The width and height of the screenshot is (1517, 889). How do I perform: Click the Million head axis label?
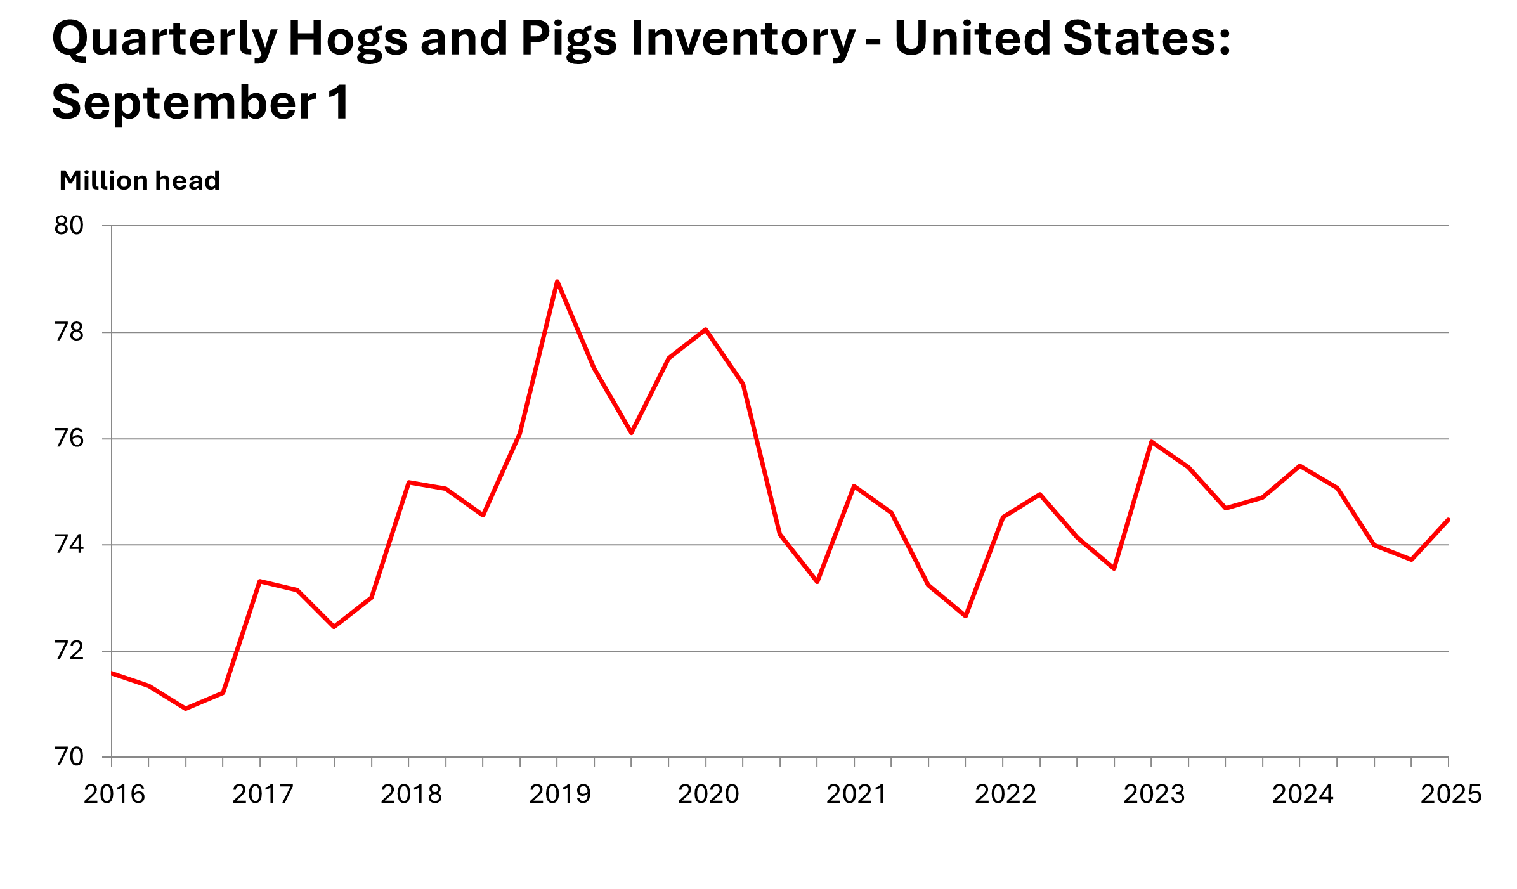click(x=140, y=181)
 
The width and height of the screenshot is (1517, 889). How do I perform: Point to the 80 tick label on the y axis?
click(x=69, y=226)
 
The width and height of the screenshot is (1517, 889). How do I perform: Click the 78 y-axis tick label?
click(x=69, y=332)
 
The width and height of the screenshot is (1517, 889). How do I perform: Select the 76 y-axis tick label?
click(x=69, y=439)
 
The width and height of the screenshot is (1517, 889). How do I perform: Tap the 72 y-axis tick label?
click(x=69, y=651)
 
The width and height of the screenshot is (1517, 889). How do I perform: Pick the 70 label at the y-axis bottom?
click(x=69, y=757)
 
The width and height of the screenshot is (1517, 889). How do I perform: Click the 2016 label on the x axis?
click(x=114, y=795)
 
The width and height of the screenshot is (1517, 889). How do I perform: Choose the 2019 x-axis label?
click(x=559, y=795)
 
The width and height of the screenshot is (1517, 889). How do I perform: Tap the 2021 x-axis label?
click(x=856, y=795)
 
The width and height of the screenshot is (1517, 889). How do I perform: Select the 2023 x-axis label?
click(x=1154, y=795)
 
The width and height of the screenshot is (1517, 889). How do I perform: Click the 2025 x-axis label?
click(x=1450, y=795)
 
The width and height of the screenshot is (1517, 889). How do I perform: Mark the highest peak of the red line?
click(x=557, y=281)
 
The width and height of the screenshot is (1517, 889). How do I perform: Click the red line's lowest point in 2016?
click(x=186, y=708)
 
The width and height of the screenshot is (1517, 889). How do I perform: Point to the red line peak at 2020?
click(x=706, y=330)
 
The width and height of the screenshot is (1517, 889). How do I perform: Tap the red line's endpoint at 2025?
click(x=1448, y=520)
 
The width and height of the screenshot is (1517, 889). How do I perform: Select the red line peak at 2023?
click(x=1151, y=441)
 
